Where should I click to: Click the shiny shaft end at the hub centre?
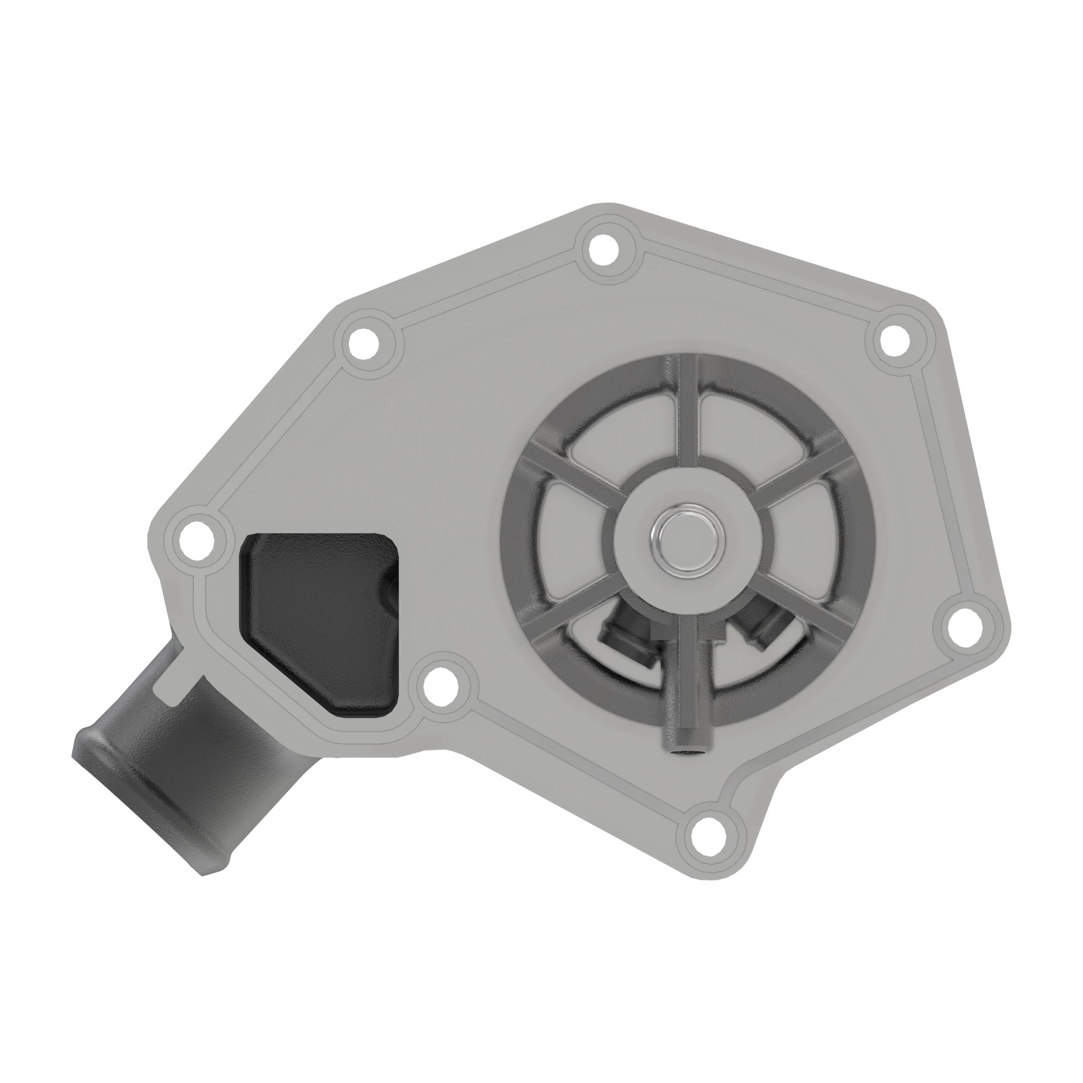687,539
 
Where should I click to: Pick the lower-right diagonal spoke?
807,608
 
